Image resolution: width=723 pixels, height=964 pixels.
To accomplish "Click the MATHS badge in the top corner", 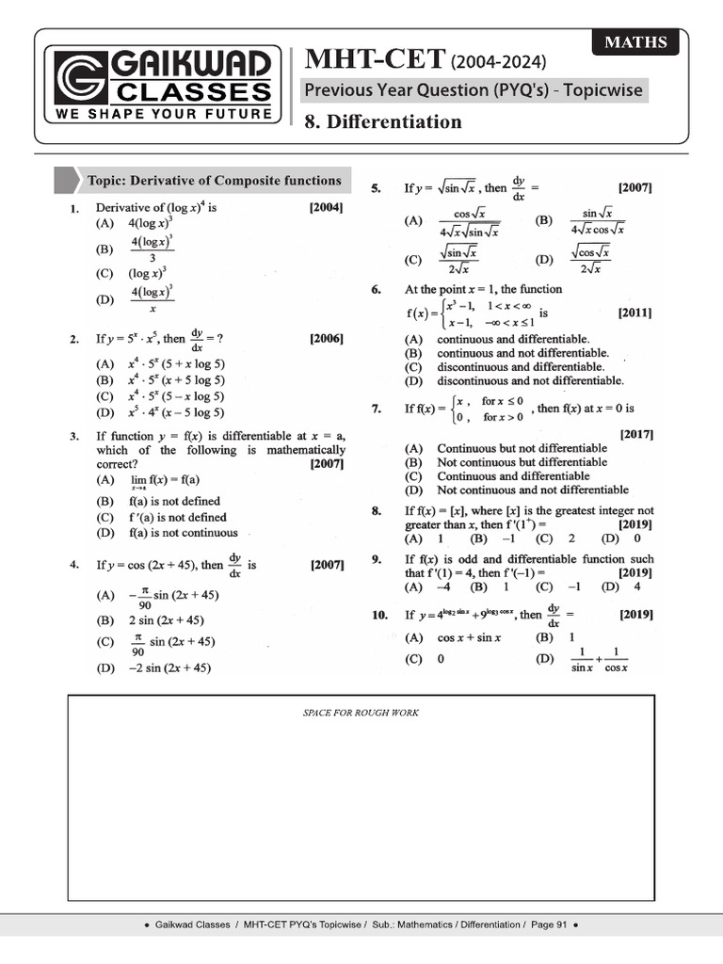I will click(x=635, y=42).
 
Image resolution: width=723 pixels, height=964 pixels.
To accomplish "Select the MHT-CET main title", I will click(x=374, y=61).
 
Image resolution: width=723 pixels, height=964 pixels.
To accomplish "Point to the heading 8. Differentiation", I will click(x=382, y=121).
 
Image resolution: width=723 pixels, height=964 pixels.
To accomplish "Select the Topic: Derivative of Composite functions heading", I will click(x=213, y=181).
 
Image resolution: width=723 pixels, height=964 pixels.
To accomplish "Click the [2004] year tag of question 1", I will click(x=326, y=207).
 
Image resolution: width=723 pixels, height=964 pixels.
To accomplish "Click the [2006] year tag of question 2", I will click(x=326, y=338).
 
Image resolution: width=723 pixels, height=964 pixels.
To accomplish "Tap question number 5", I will click(x=377, y=188).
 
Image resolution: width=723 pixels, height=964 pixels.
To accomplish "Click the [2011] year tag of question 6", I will click(x=635, y=313).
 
